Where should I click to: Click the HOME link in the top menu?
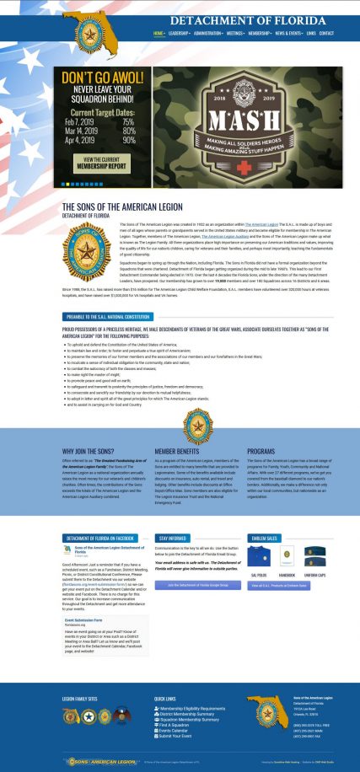point(159,34)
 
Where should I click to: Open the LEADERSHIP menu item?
point(178,34)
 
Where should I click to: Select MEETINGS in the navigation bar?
point(235,34)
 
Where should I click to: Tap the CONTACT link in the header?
point(326,34)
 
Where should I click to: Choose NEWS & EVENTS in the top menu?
point(287,34)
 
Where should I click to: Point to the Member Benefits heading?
point(178,451)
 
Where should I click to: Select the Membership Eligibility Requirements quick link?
point(192,709)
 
